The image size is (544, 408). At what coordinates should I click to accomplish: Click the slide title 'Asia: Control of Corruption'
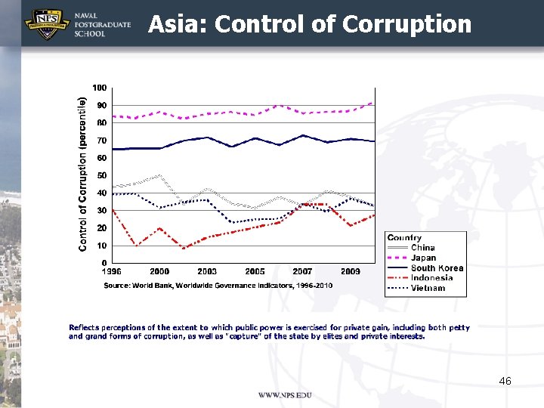click(309, 24)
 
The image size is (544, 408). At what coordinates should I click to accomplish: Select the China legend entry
click(422, 248)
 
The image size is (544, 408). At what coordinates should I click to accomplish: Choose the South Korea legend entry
click(436, 268)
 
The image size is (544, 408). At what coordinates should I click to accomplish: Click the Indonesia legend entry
click(431, 278)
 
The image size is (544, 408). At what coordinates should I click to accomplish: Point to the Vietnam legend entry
click(427, 288)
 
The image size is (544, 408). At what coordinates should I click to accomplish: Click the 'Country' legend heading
click(404, 238)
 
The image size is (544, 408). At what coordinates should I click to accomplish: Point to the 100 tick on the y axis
click(99, 88)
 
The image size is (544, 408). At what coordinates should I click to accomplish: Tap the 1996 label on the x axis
click(112, 271)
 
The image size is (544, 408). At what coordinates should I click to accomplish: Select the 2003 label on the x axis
click(207, 271)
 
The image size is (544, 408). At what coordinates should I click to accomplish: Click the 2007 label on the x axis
click(302, 271)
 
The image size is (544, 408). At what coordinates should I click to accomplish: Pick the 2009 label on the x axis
click(350, 271)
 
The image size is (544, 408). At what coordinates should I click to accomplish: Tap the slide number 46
click(505, 381)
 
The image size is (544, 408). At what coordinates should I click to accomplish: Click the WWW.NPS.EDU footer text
click(285, 396)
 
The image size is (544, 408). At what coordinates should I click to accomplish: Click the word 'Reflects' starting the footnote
click(83, 328)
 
